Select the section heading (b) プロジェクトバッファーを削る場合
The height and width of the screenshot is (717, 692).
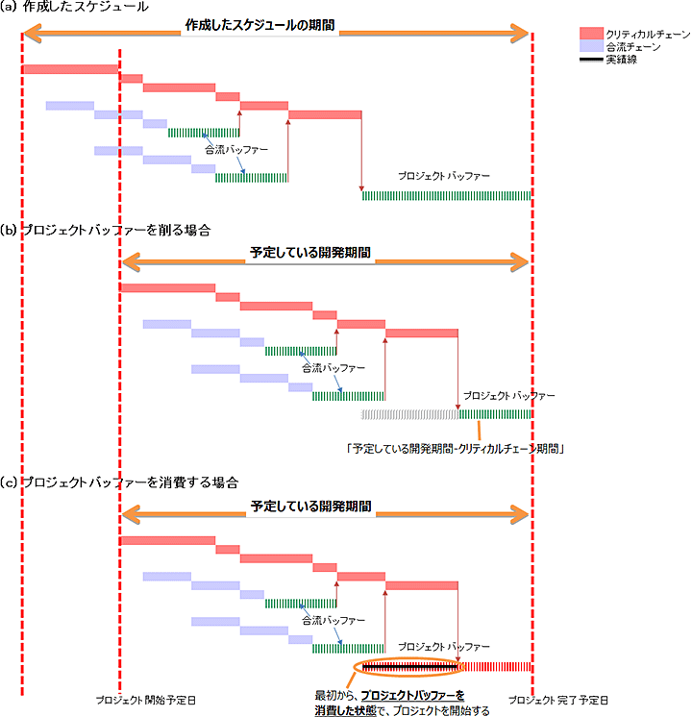pos(107,233)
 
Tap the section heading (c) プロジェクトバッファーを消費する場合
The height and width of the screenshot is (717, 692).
pos(119,481)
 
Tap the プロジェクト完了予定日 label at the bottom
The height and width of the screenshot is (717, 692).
pos(557,700)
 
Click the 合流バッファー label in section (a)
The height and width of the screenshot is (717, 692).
pos(235,150)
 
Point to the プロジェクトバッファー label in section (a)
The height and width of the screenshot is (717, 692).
pos(444,177)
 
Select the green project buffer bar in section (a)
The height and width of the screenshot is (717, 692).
pos(446,196)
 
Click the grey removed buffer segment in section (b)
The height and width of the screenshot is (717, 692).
pos(409,414)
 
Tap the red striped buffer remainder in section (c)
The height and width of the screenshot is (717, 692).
pos(498,667)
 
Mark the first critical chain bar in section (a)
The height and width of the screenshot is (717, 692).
pos(70,69)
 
